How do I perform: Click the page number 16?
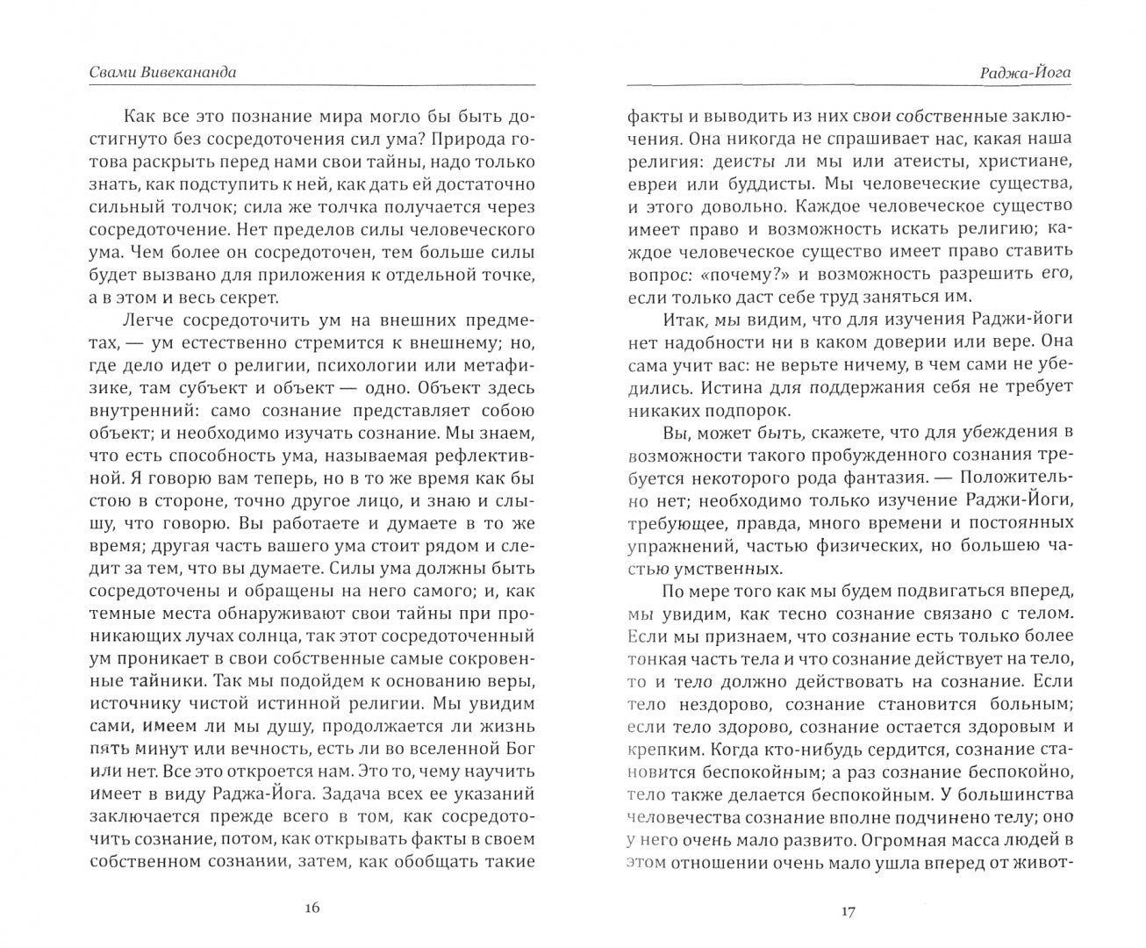(312, 908)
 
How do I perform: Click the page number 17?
(847, 911)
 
